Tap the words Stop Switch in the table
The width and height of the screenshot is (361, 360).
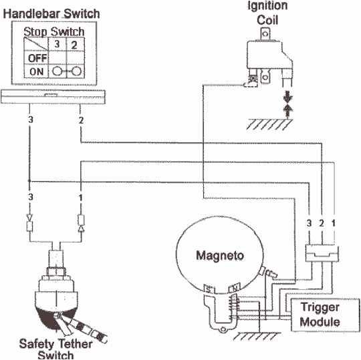click(53, 31)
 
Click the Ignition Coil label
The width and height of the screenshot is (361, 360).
click(268, 11)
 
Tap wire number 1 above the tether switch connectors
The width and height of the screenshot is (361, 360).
click(80, 198)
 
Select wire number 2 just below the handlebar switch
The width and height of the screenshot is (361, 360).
click(80, 120)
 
